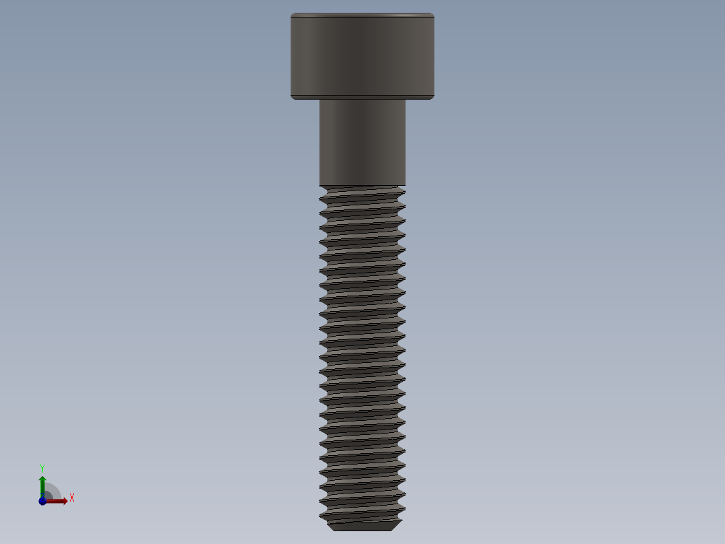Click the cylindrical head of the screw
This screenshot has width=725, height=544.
[362, 56]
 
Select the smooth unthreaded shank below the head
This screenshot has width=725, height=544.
[362, 141]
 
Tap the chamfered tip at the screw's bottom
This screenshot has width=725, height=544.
[362, 525]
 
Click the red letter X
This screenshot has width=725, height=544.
[71, 498]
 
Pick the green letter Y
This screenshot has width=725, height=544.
[42, 467]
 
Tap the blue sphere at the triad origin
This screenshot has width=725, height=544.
[42, 502]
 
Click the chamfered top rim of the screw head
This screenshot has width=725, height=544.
[362, 15]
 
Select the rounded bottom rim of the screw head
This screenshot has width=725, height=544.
[362, 97]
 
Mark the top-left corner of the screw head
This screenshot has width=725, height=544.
[292, 14]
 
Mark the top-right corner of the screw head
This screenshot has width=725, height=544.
[433, 14]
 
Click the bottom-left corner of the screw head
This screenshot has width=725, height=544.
[292, 98]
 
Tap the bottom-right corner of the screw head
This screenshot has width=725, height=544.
[433, 98]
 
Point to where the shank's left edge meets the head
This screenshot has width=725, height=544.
[319, 100]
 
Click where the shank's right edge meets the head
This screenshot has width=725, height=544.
[406, 100]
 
